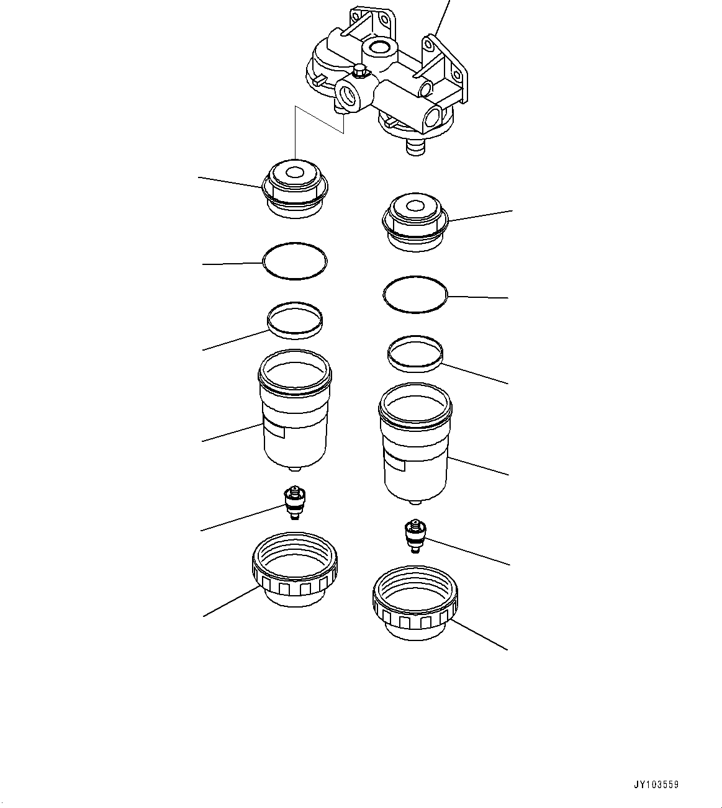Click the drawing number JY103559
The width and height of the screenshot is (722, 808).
click(656, 784)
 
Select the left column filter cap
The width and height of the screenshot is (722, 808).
click(295, 190)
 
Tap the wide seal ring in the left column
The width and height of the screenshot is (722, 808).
click(295, 320)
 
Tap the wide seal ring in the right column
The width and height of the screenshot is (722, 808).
click(415, 354)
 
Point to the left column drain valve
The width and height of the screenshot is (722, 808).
click(294, 503)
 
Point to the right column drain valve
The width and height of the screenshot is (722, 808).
click(414, 536)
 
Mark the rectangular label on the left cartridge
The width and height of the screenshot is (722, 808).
click(274, 429)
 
